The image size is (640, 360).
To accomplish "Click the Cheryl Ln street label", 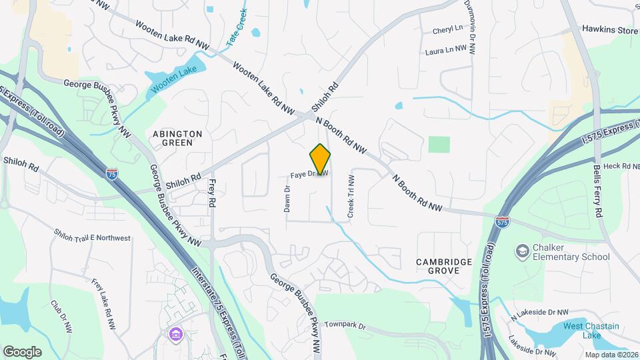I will pyautogui.click(x=447, y=30).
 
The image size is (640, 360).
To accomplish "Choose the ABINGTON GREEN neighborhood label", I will pyautogui.click(x=177, y=138).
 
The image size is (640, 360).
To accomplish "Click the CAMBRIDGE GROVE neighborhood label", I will pyautogui.click(x=444, y=267).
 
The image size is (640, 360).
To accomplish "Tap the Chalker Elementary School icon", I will pyautogui.click(x=523, y=251).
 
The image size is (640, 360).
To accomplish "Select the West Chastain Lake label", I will pyautogui.click(x=591, y=331).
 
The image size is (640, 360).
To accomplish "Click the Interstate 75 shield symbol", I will pyautogui.click(x=113, y=174).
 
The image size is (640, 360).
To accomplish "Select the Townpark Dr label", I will pyautogui.click(x=345, y=325).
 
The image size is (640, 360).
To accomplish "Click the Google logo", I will pyautogui.click(x=22, y=351).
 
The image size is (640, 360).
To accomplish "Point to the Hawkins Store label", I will pyautogui.click(x=609, y=29).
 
